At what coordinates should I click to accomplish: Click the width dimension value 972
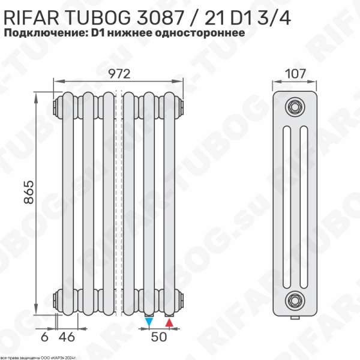point(120,73)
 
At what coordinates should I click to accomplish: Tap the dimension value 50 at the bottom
point(158,337)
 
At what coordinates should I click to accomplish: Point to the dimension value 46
point(70,337)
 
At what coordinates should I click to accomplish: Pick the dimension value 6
point(45,337)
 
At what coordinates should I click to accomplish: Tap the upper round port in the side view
point(294,106)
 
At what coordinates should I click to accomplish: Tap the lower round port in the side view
point(294,298)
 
